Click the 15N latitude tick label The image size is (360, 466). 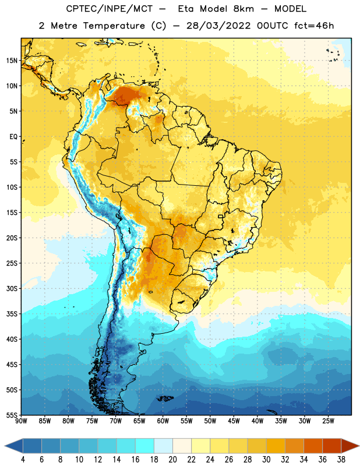[12, 61]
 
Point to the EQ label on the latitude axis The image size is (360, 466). [13, 137]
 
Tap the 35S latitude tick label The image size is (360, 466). [12, 314]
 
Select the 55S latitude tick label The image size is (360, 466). [12, 415]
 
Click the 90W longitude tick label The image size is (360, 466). [21, 421]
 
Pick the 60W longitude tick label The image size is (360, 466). [163, 421]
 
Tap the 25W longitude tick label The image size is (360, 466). [328, 421]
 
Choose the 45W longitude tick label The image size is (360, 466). [234, 421]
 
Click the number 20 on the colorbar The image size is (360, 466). [172, 460]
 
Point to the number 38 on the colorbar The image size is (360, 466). [341, 460]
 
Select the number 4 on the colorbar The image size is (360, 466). [23, 460]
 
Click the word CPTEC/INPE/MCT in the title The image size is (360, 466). [109, 9]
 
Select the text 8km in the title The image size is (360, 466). [243, 9]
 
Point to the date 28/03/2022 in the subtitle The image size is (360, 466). [218, 26]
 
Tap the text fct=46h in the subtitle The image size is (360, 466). [314, 26]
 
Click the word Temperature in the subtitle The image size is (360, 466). [114, 26]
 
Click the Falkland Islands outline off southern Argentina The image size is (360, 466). [165, 398]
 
